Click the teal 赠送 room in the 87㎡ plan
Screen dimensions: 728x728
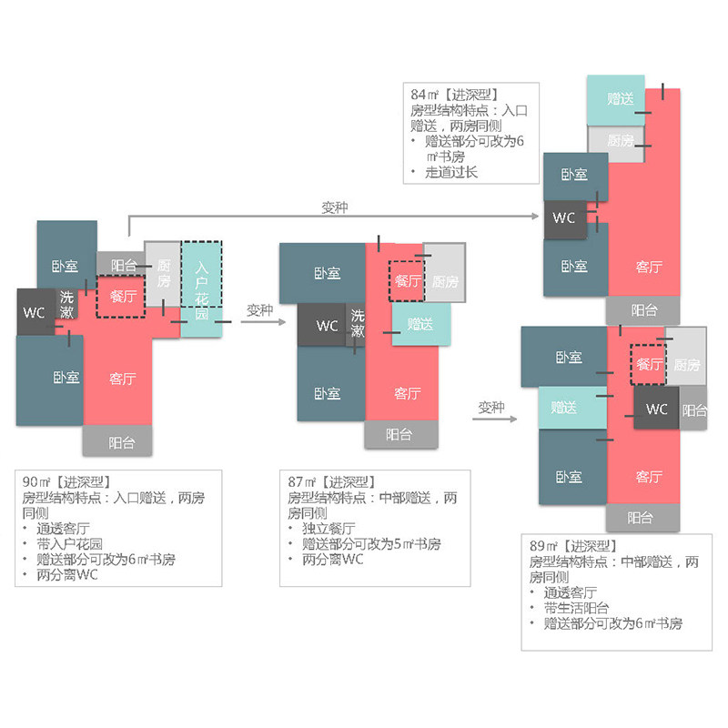pos(420,324)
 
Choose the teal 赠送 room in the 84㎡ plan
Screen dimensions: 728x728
pos(617,99)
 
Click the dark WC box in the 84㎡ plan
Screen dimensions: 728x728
pos(563,218)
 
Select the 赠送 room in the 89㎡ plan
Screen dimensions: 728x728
pos(564,408)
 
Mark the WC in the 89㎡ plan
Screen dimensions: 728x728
pos(656,409)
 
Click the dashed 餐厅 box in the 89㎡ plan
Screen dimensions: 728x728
pos(649,364)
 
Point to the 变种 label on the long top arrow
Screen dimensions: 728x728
pos(335,207)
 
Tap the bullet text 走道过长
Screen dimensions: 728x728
pos(450,172)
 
